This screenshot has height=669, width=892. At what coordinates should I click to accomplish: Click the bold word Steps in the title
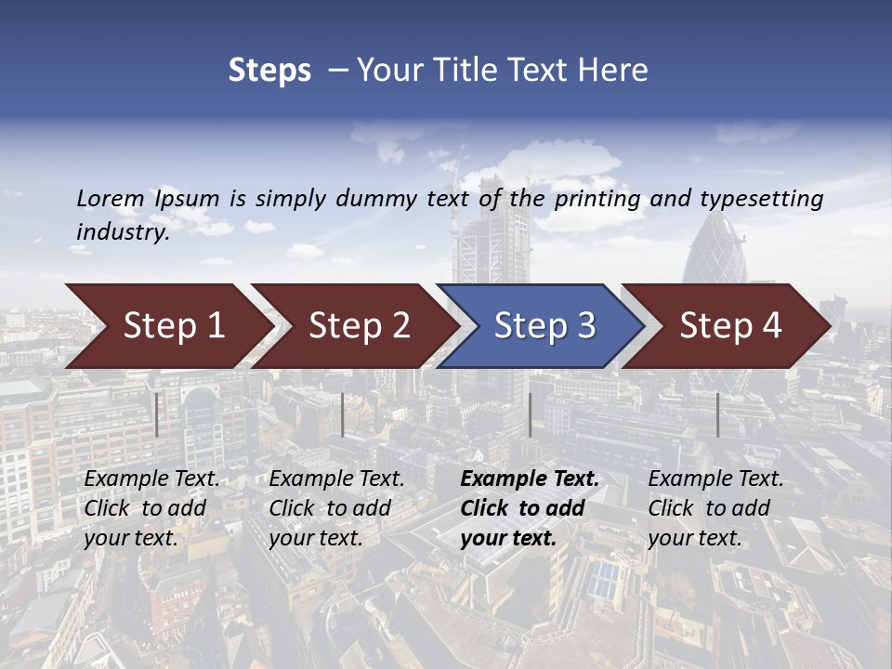pos(269,71)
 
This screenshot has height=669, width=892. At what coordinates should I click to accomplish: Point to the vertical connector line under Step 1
pos(157,414)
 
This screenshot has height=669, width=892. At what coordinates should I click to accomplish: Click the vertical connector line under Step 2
pos(343,414)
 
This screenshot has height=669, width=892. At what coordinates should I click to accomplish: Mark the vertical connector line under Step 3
pos(530,414)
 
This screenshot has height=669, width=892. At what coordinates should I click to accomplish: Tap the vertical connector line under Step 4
pos(717,414)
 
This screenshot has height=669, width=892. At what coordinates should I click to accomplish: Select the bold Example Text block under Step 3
pos(530,508)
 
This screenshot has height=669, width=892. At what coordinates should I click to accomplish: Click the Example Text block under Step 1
pos(152,508)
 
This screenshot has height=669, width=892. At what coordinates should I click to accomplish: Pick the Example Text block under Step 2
pos(336,508)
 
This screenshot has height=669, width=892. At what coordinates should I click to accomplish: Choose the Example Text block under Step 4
pos(715,508)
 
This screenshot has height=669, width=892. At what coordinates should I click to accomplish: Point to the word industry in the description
pos(123,231)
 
